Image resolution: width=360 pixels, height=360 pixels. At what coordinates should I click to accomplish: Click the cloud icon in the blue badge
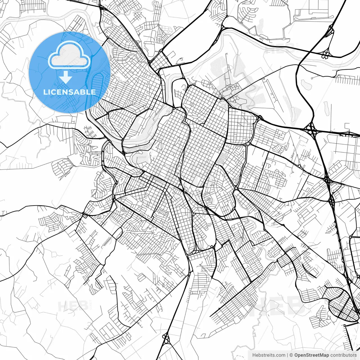pos(69,55)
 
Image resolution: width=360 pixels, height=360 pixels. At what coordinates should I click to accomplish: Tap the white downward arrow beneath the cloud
pos(66,77)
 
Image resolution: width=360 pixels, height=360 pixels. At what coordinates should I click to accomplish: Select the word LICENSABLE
pos(69,92)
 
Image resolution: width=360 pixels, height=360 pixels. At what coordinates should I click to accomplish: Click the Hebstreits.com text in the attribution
pos(269,355)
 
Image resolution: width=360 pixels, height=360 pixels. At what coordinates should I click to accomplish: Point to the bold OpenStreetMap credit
pos(312,355)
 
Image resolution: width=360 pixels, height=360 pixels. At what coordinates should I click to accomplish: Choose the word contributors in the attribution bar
pos(343,355)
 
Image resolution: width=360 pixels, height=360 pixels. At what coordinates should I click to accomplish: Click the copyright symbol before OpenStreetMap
pos(292,355)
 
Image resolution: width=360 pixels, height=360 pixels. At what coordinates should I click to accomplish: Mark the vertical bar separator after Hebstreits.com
pos(288,355)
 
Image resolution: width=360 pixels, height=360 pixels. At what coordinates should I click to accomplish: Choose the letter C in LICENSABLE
pos(54,92)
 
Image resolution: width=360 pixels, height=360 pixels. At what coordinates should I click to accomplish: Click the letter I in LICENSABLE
pos(50,92)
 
